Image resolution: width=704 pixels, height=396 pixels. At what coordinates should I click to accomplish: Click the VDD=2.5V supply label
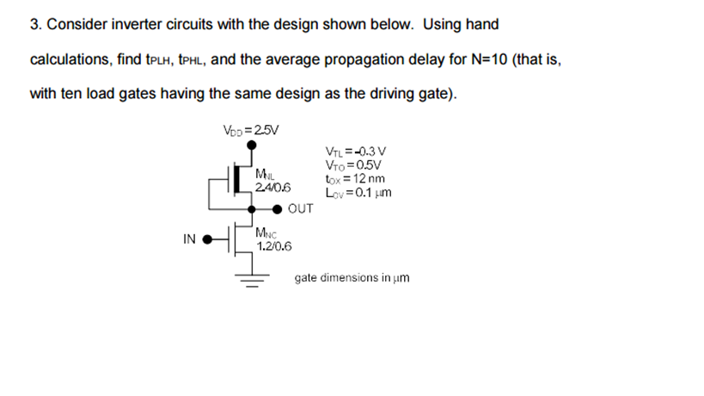(251, 131)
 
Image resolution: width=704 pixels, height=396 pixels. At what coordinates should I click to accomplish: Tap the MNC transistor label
(266, 233)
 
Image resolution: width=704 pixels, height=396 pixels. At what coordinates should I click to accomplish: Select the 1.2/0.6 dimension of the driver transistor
(274, 245)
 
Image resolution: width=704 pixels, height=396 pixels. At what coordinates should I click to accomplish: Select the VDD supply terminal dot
(251, 147)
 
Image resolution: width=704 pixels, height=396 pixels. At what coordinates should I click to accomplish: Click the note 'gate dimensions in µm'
(352, 278)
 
